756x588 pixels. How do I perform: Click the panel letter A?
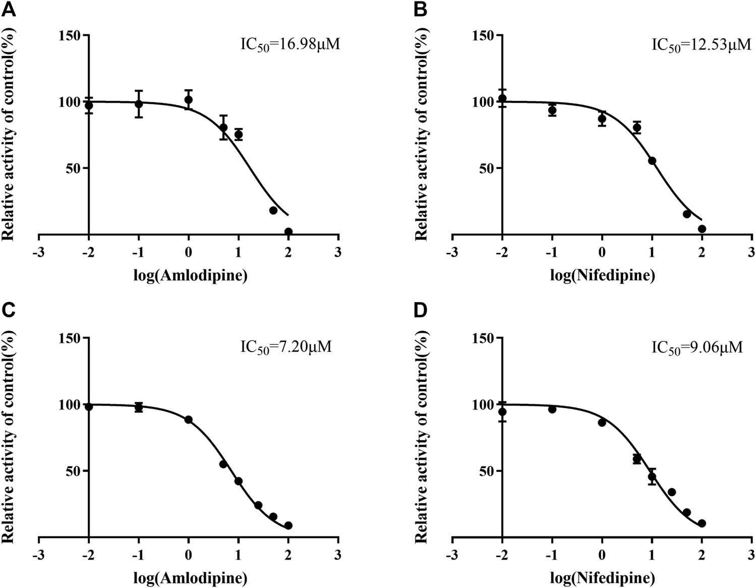pos(9,9)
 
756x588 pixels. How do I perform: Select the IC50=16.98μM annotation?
pos(289,44)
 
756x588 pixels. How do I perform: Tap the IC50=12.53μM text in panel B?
pos(702,44)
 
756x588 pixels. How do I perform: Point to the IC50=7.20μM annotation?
pos(285,347)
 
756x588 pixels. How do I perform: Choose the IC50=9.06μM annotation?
pos(697,347)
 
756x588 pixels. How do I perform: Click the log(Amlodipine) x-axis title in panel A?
pos(190,276)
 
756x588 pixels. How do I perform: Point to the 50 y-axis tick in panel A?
pos(74,168)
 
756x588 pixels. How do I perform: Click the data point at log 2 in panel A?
pos(288,232)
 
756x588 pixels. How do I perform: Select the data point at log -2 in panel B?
pos(502,98)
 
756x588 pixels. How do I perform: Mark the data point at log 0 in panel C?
pos(189,420)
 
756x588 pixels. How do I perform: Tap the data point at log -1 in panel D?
pos(552,409)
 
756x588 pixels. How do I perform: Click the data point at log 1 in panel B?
pos(652,161)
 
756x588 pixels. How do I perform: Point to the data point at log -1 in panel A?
pos(139,104)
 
